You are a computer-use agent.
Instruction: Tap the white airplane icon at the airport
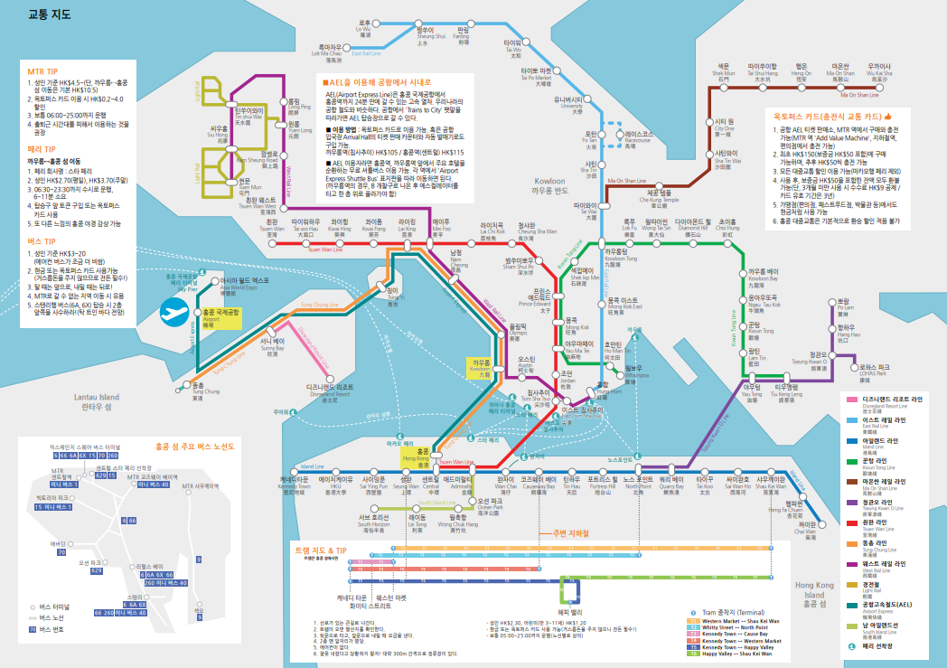(x=172, y=313)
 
